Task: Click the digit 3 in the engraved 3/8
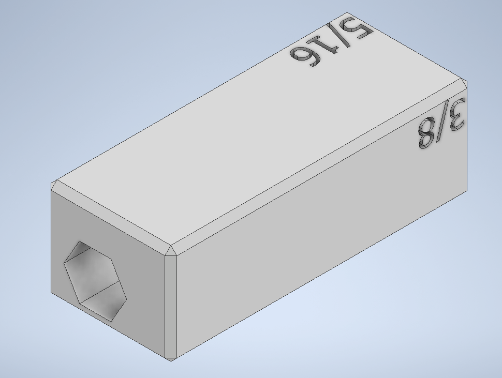(x=457, y=114)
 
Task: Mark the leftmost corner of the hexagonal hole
(x=64, y=263)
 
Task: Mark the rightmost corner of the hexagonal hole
(x=127, y=299)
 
